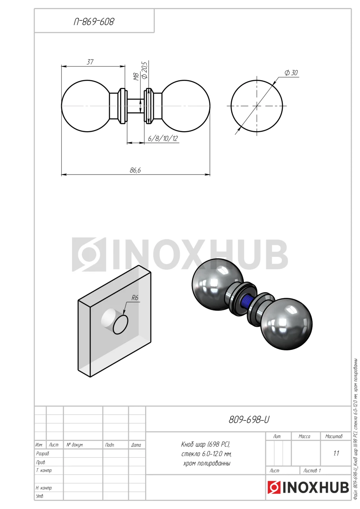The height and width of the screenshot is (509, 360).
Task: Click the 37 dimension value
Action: pyautogui.click(x=90, y=62)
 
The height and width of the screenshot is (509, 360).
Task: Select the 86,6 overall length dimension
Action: pyautogui.click(x=135, y=170)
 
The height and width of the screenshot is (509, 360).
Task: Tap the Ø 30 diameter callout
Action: pyautogui.click(x=291, y=73)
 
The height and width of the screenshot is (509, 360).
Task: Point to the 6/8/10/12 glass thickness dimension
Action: pyautogui.click(x=163, y=138)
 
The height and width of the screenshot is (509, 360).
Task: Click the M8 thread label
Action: pyautogui.click(x=136, y=77)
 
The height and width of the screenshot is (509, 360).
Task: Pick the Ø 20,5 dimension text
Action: pyautogui.click(x=144, y=70)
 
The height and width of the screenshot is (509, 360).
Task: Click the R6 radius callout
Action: pyautogui.click(x=135, y=298)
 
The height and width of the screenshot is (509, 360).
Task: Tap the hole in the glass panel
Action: pyautogui.click(x=120, y=324)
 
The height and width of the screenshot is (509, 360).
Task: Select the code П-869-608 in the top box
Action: pyautogui.click(x=94, y=22)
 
